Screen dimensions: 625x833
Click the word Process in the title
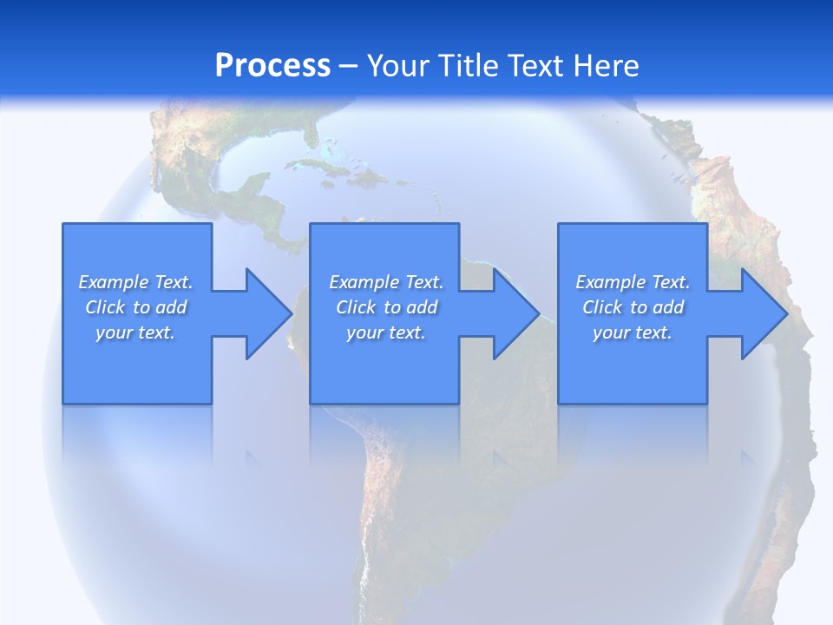click(x=272, y=66)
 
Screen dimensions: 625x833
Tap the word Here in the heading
click(x=604, y=66)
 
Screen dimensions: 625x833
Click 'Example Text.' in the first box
click(x=135, y=282)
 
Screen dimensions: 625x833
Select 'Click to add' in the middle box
click(x=387, y=307)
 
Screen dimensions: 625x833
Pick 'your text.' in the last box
click(x=633, y=332)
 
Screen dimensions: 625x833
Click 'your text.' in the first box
click(x=135, y=332)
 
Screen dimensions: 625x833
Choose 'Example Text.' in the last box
click(x=633, y=282)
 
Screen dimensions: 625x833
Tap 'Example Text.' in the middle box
click(x=386, y=282)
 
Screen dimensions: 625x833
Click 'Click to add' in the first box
click(x=136, y=307)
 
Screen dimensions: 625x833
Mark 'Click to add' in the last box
click(x=633, y=307)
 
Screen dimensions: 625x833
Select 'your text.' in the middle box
click(x=386, y=332)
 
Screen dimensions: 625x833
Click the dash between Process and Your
click(x=349, y=66)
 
